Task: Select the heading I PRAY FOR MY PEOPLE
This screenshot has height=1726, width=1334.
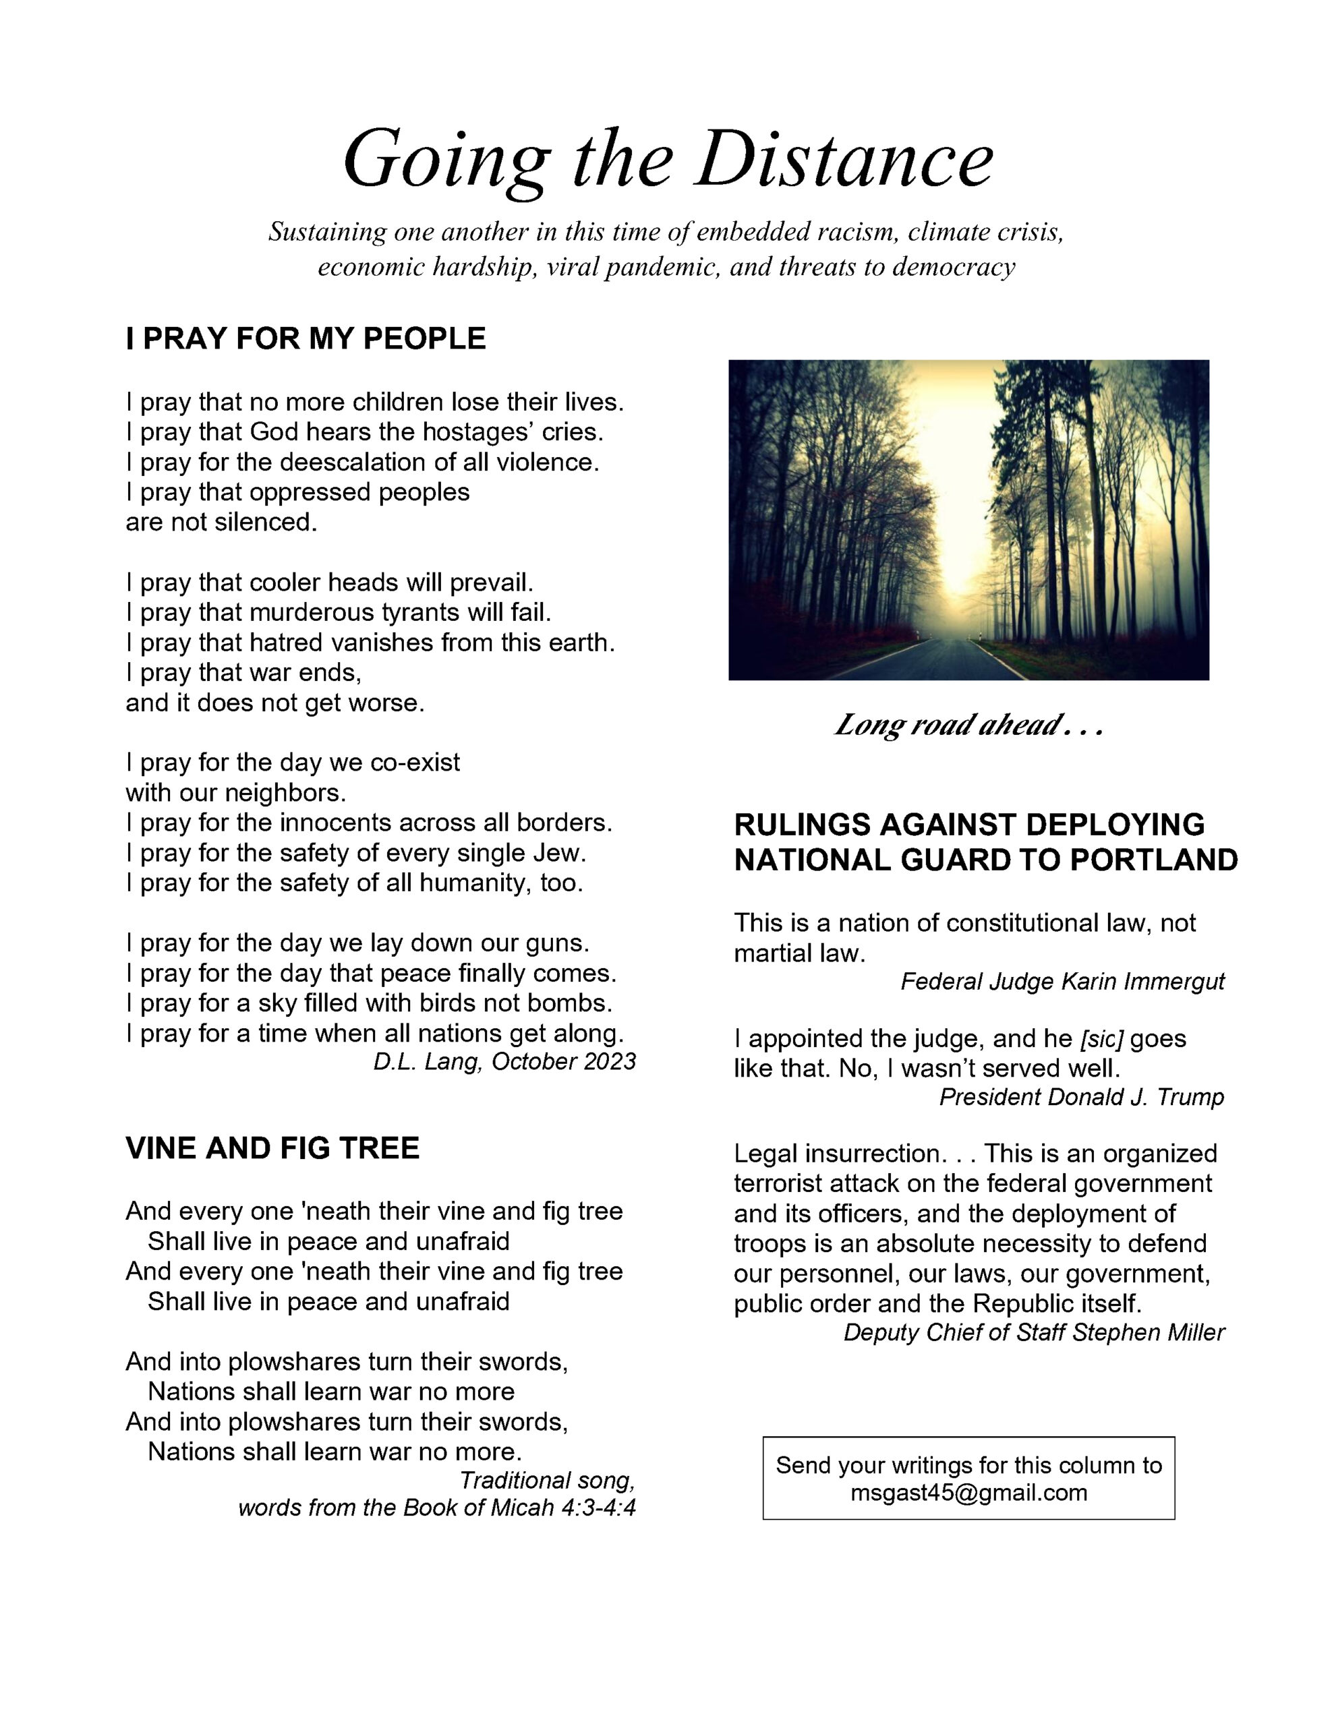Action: coord(306,338)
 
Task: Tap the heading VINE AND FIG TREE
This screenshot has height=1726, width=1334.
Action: coord(272,1148)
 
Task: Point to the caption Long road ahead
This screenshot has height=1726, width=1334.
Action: coord(968,725)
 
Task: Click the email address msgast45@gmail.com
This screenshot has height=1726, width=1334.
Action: coord(968,1493)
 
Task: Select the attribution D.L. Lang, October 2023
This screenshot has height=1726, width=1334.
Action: coord(504,1061)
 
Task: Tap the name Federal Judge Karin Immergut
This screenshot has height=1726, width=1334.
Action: coord(1062,982)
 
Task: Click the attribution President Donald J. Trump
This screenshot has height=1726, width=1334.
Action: coord(1081,1097)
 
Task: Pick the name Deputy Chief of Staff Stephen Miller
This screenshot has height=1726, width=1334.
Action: coord(1033,1332)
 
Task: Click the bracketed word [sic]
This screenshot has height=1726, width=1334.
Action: coord(1101,1038)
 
